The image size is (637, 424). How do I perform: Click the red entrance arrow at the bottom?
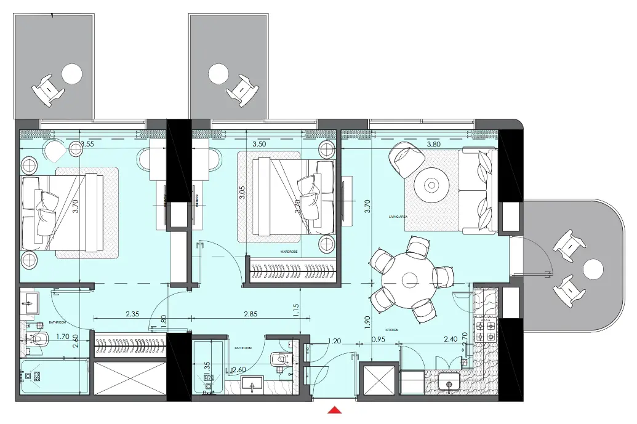click(334, 410)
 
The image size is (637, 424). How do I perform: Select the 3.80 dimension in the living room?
click(434, 144)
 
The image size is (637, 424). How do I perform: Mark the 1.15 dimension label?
click(297, 310)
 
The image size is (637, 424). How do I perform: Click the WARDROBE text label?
click(289, 252)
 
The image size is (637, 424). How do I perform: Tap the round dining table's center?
click(409, 281)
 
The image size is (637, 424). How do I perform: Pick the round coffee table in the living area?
click(431, 185)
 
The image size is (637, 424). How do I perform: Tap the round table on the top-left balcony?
click(71, 74)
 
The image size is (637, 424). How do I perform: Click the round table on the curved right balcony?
click(594, 270)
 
